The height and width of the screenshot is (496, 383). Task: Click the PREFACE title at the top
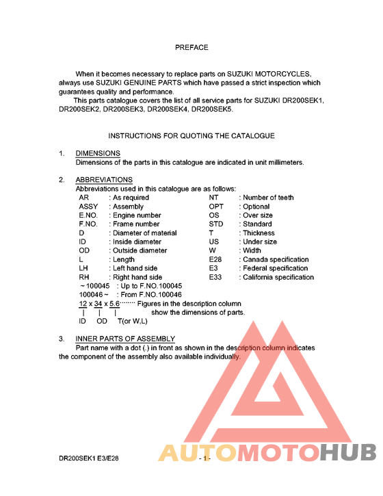pos(191,48)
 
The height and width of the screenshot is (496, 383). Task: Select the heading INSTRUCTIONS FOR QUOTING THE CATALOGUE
pos(191,136)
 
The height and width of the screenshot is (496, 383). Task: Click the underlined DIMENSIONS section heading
pos(98,153)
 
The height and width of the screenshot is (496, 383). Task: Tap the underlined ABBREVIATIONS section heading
pos(104,180)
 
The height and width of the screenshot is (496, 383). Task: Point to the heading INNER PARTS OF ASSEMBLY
pos(125,339)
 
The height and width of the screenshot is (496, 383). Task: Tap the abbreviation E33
pos(215,278)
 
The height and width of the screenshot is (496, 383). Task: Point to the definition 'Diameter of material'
pos(145,233)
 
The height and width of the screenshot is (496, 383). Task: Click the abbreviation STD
pos(216,224)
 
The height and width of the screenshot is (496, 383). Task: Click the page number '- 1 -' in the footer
pos(206,459)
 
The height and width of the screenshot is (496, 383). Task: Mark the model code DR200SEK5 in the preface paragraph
pos(213,109)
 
